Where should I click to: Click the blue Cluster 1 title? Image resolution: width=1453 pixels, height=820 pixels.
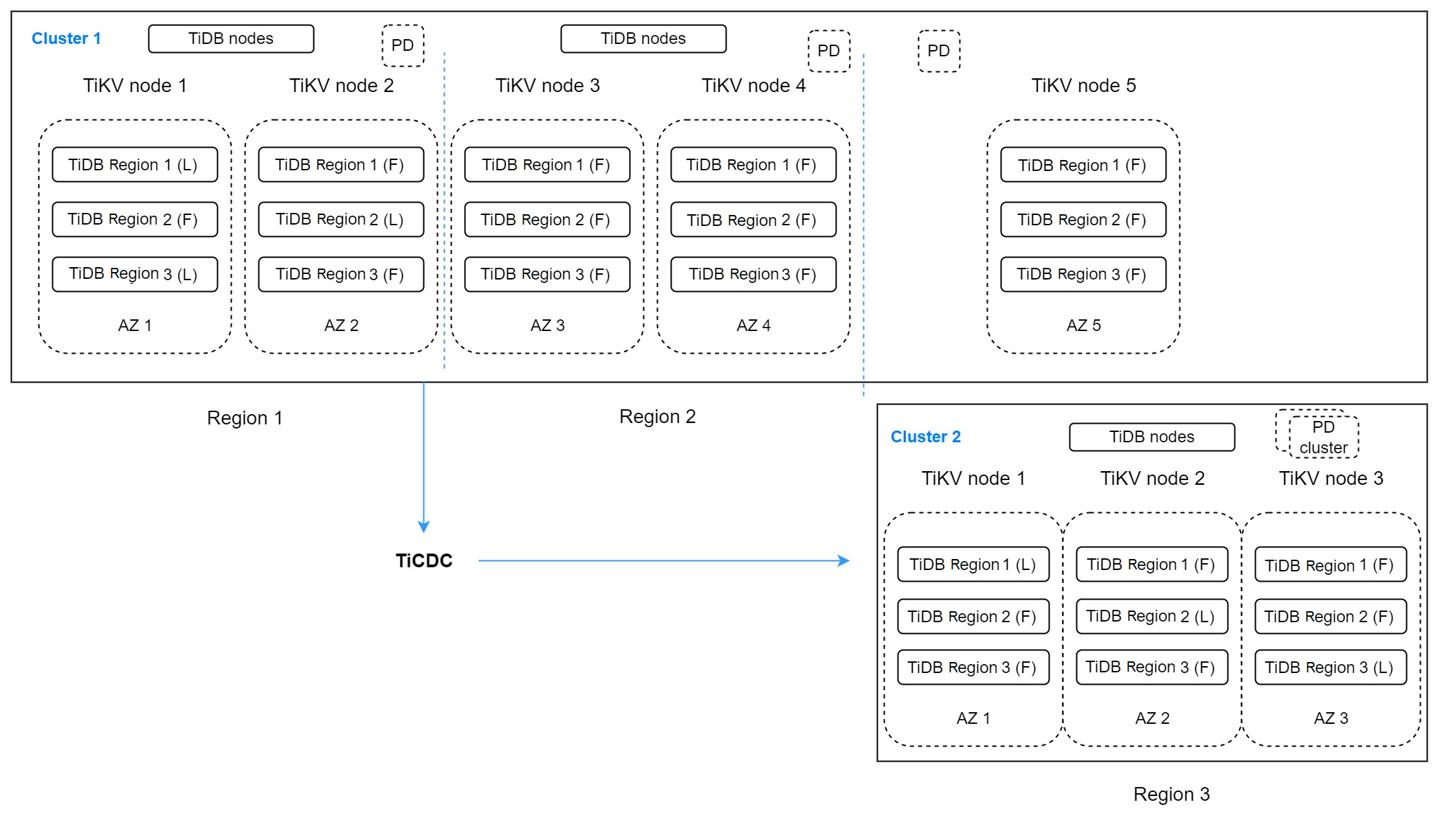click(66, 38)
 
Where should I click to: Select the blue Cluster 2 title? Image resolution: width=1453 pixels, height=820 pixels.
click(925, 437)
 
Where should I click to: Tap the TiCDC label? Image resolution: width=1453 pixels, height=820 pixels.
click(424, 561)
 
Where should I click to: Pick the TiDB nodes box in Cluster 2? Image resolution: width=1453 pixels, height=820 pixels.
click(1152, 437)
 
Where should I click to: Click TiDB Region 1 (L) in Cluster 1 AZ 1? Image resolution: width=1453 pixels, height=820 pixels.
click(135, 165)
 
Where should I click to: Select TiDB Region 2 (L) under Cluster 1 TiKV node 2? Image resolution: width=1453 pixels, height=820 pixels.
click(341, 220)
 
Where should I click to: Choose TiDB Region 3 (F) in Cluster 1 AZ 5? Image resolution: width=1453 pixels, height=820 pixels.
click(1083, 275)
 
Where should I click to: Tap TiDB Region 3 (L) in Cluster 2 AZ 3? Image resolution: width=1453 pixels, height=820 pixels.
click(1331, 668)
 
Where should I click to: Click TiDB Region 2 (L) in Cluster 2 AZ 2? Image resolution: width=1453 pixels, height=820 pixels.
click(1152, 616)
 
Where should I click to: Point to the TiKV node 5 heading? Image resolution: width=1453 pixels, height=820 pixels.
click(1083, 86)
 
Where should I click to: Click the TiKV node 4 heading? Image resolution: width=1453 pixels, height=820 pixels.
click(753, 86)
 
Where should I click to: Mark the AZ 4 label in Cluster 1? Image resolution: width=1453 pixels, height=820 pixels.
click(753, 326)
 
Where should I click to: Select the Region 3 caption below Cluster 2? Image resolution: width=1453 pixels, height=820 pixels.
click(1171, 795)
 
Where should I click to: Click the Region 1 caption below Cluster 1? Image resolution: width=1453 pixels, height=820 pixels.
click(245, 418)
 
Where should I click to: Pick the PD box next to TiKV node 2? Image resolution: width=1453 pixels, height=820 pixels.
click(403, 46)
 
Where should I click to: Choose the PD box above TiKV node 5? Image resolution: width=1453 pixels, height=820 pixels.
click(939, 52)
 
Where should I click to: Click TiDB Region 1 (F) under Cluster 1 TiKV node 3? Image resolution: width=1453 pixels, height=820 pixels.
click(547, 165)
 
